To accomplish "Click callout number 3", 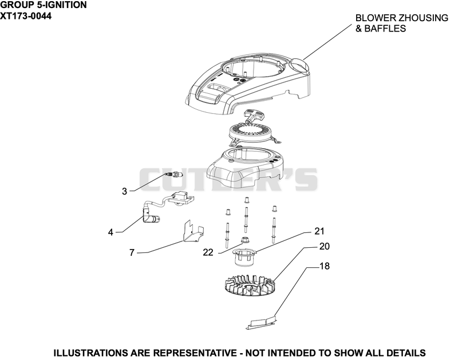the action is tap(124, 191).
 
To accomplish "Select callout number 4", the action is tap(110, 232).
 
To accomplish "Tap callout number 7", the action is tap(132, 252).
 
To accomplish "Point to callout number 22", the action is tap(208, 252).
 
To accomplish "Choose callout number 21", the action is tap(319, 231).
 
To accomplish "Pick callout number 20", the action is tap(324, 247).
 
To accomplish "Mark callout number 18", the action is tap(325, 266).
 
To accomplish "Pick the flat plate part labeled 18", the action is tap(261, 323).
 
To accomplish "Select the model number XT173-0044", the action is tap(26, 16).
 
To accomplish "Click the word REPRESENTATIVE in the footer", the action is tap(195, 353).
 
